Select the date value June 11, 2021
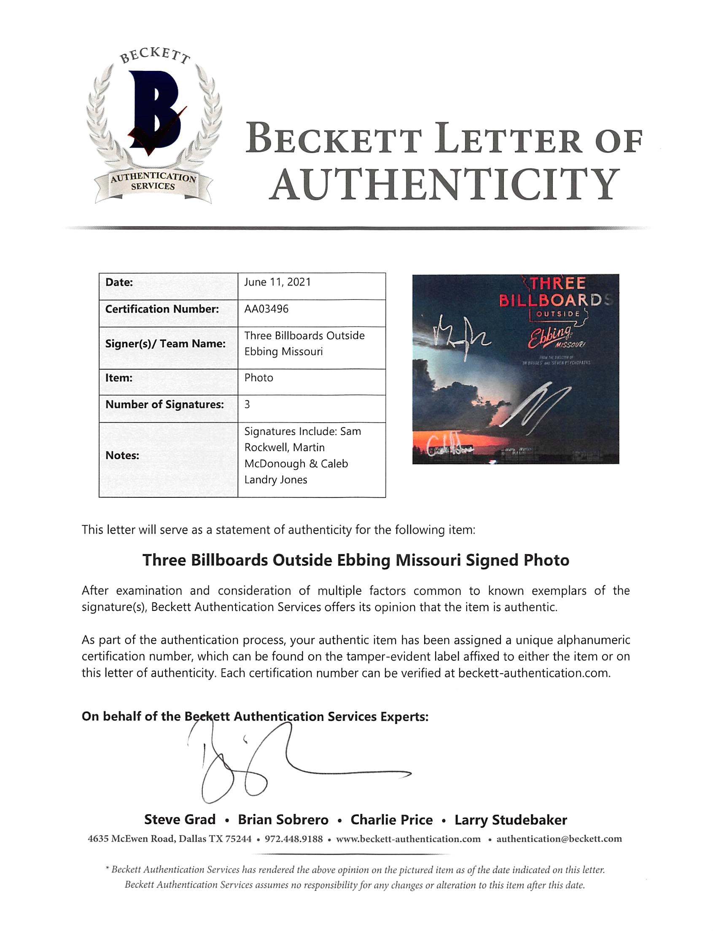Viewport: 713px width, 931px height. [277, 282]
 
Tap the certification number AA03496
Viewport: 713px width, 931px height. [266, 309]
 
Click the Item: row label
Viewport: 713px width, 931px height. [119, 378]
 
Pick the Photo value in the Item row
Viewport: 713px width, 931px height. [258, 378]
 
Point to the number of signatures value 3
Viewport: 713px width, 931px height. [247, 405]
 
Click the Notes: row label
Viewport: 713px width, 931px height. [122, 456]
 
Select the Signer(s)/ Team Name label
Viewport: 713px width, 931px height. [165, 344]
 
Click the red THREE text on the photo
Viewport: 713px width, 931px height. [558, 283]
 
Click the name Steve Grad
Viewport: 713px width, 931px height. [180, 820]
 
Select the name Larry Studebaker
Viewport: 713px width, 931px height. [511, 820]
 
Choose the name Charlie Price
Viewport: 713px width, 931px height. [391, 820]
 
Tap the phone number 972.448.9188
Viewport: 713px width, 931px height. [294, 839]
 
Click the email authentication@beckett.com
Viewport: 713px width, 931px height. [559, 839]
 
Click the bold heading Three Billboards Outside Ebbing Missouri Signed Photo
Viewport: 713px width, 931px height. [355, 560]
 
